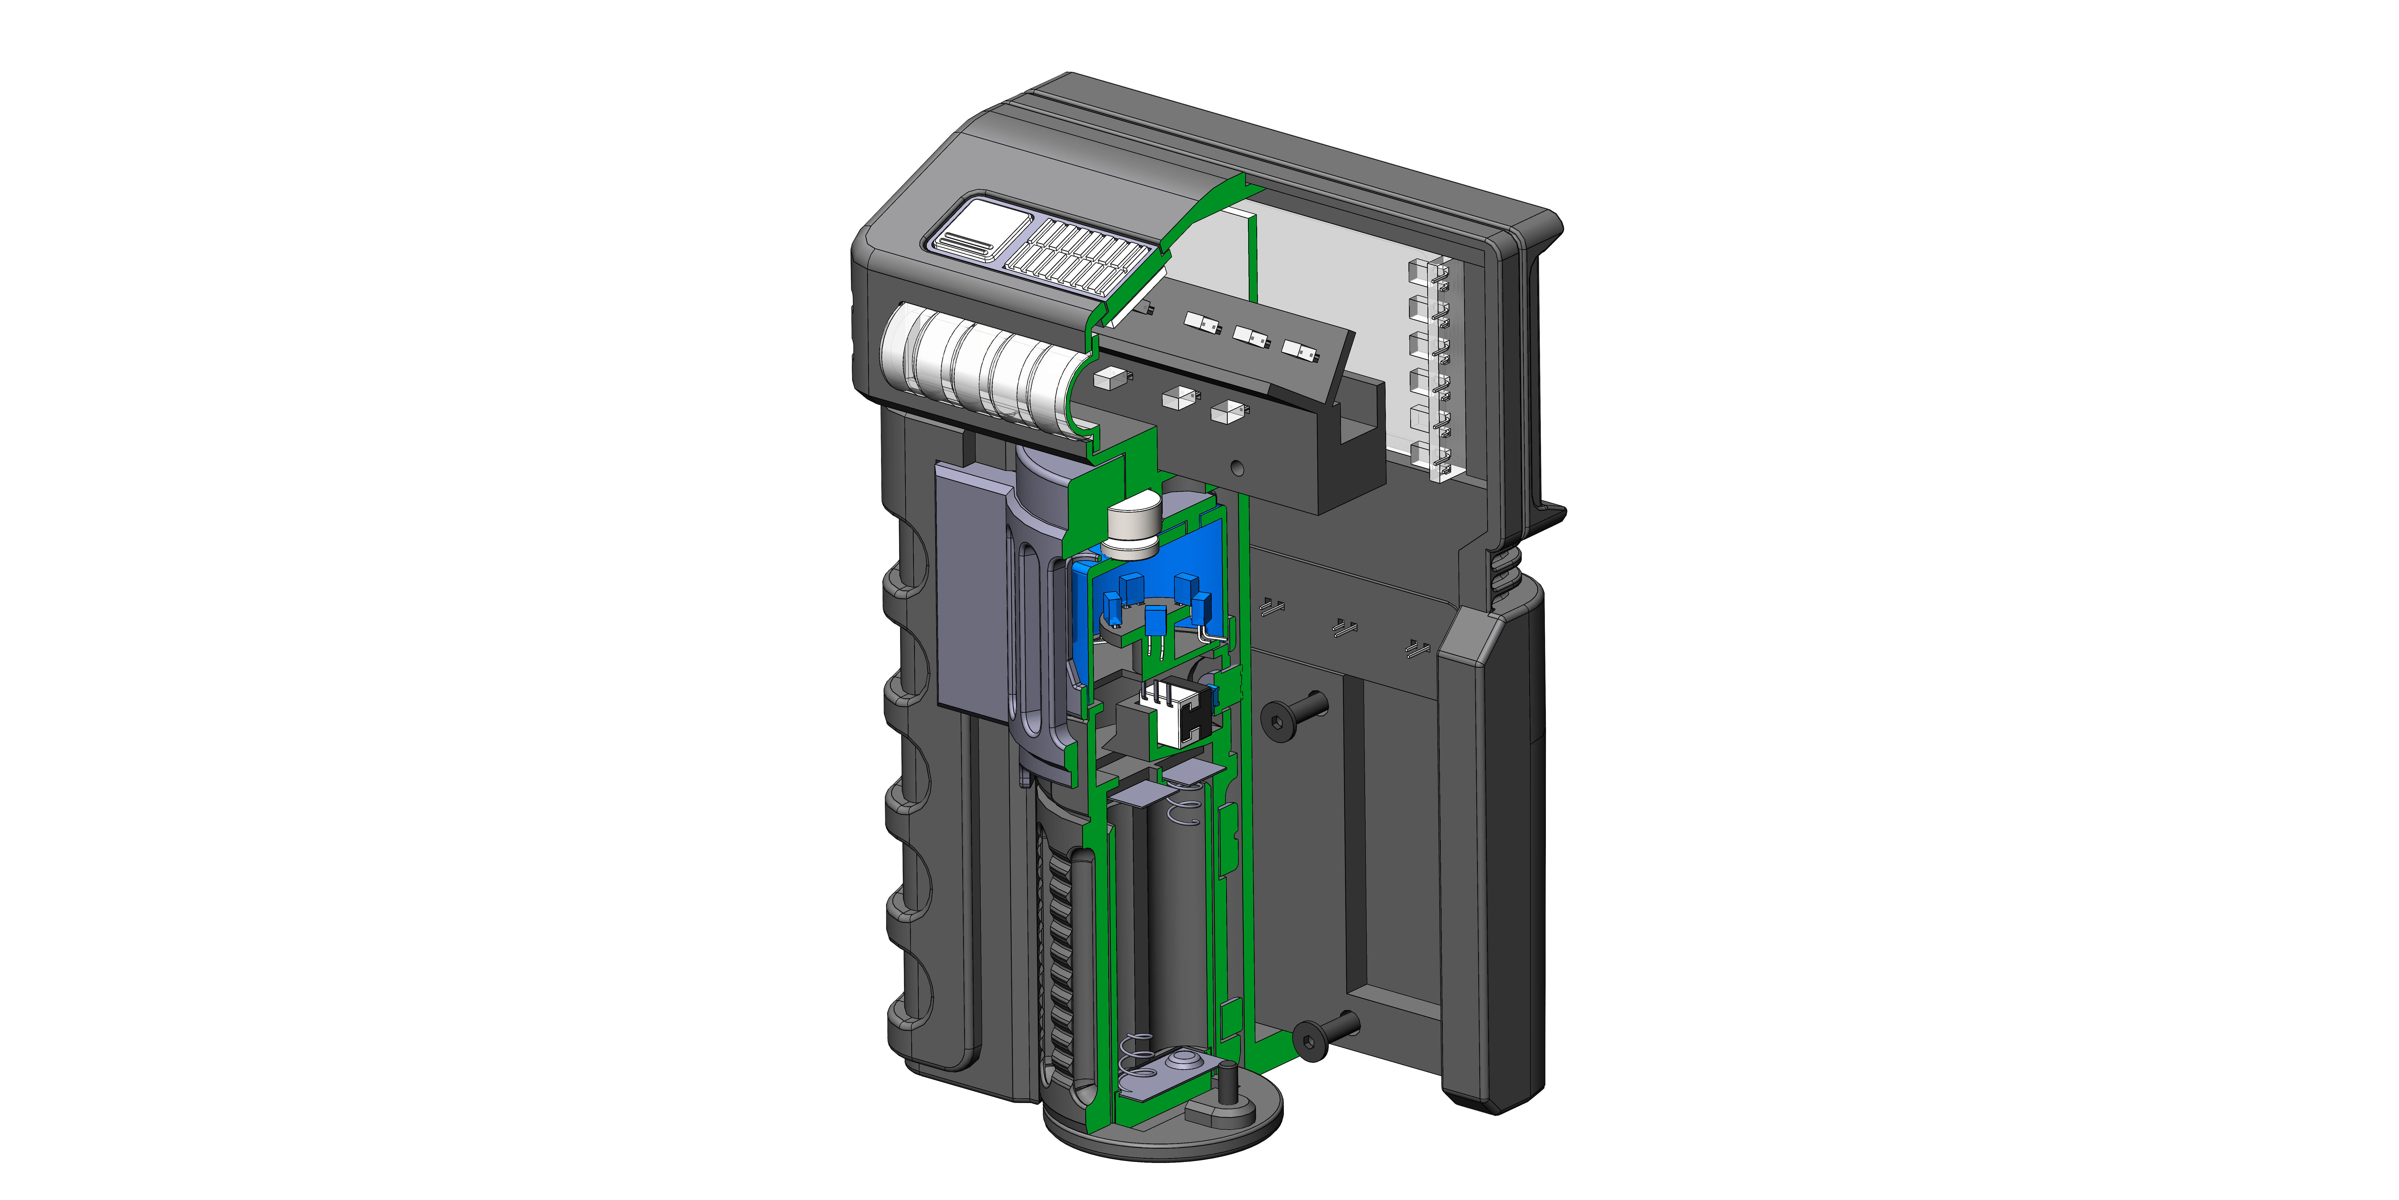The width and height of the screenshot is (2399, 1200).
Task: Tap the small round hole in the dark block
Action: (x=1237, y=468)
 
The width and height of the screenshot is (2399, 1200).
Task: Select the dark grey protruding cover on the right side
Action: (x=1490, y=857)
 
